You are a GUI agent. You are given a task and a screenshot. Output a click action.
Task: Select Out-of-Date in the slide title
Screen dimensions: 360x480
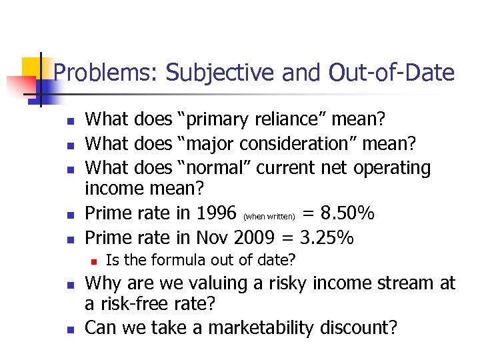click(391, 73)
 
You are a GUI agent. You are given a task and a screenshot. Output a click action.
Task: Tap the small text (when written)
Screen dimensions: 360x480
click(269, 216)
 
